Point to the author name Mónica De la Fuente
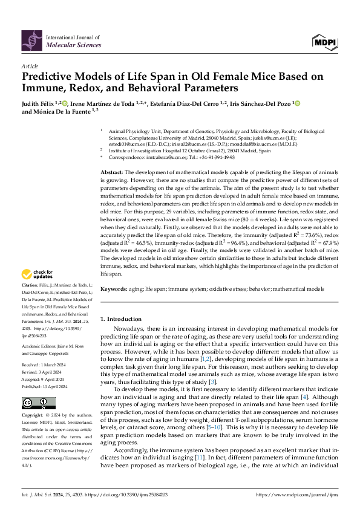point(60,112)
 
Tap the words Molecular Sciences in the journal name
point(68,45)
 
